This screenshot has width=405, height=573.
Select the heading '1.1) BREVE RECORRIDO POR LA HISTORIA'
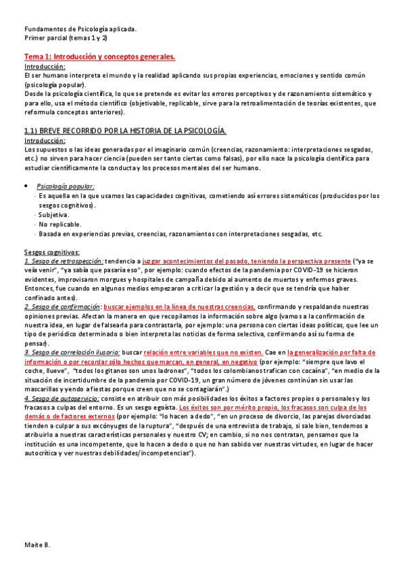tap(125, 129)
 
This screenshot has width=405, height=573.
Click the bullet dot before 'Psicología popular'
tap(26, 185)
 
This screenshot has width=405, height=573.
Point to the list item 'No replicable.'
tap(60, 224)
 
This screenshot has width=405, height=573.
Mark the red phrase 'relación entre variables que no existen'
tap(197, 352)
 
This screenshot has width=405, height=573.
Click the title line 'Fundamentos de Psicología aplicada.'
tap(80, 29)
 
